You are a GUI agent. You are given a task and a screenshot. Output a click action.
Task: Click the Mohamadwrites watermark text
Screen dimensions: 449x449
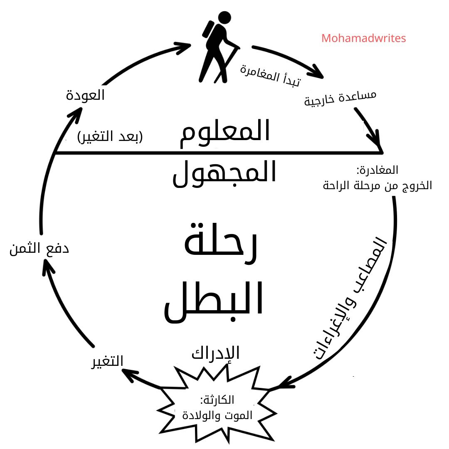(364, 38)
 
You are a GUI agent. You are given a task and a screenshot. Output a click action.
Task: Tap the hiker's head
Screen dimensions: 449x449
(224, 17)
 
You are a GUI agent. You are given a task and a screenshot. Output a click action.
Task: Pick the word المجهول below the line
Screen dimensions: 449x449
(224, 173)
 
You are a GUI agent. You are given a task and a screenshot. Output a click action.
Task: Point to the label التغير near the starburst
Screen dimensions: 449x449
(107, 361)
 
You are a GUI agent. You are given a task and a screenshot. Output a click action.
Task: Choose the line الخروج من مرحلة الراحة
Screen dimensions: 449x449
(377, 185)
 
